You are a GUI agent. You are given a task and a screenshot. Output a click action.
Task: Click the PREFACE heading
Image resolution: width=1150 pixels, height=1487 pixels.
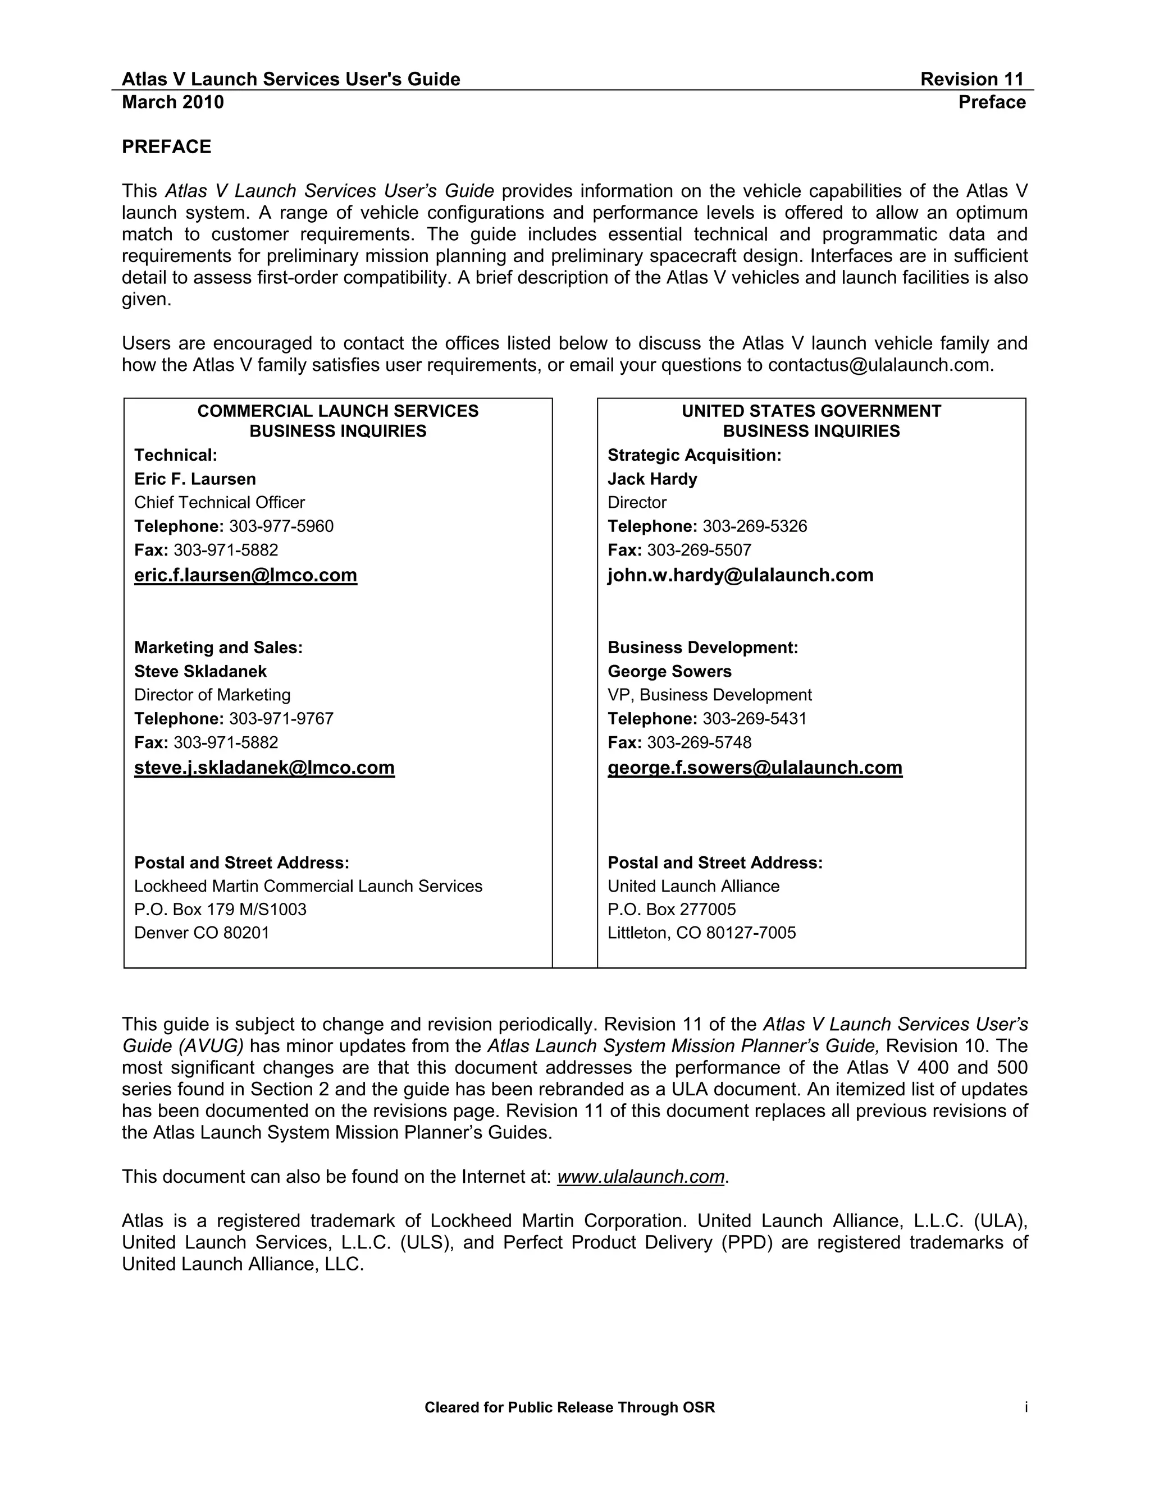tap(166, 147)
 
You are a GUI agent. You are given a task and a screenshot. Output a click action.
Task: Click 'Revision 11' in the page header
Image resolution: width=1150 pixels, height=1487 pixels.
tap(971, 80)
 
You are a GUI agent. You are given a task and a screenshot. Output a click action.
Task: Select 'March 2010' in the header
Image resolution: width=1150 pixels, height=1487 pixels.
tap(172, 102)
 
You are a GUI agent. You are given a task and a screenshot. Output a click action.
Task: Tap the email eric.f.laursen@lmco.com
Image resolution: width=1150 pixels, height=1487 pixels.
tap(245, 575)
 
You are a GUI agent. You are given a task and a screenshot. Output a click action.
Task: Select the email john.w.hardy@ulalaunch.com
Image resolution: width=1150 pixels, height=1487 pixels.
tap(740, 575)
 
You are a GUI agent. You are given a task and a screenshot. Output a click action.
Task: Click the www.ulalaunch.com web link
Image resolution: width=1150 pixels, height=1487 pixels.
tap(640, 1177)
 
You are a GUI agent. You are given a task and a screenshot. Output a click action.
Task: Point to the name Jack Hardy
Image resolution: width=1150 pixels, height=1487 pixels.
tap(652, 479)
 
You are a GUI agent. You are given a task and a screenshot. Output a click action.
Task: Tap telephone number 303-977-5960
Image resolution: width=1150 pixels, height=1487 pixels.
tap(281, 526)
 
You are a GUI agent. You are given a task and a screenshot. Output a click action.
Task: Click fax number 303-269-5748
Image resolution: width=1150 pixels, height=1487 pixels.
tap(699, 742)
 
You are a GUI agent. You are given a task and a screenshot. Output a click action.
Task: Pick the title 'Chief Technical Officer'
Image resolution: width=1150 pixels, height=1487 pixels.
tap(220, 502)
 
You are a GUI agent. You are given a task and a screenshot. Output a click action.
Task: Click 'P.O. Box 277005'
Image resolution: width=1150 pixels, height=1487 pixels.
tap(671, 910)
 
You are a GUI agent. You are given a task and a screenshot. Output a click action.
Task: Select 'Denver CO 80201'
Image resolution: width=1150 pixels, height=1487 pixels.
tap(202, 933)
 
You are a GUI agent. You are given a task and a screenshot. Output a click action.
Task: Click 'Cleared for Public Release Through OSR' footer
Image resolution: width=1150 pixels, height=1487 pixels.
tap(569, 1408)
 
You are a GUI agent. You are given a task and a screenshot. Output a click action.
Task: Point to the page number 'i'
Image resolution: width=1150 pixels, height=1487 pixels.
tap(1025, 1407)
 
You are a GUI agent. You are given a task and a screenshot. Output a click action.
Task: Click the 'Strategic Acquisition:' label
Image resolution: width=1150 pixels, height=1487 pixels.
tap(694, 456)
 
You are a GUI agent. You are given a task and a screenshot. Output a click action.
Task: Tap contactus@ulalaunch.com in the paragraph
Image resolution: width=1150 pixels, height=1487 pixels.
tap(879, 366)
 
